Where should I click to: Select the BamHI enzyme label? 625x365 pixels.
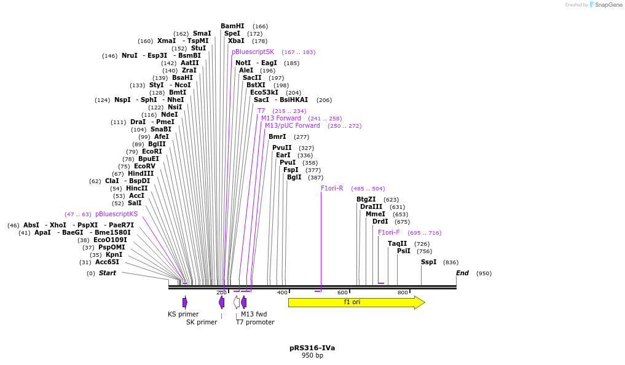pos(232,26)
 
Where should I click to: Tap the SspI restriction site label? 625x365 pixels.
pos(428,262)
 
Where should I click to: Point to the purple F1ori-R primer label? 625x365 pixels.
pos(332,188)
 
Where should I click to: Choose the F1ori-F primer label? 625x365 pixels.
pos(388,232)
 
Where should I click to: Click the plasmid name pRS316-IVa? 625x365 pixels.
pos(312,348)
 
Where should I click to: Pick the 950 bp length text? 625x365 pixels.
pos(312,356)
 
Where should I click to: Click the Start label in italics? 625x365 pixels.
pos(108,273)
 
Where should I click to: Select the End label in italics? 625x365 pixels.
pos(462,273)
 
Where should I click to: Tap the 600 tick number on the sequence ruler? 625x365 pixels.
pos(342,292)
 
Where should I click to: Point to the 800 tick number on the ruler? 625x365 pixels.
pos(403,292)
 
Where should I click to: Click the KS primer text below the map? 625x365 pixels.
pos(183,314)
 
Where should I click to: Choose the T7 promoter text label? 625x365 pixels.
pos(255,322)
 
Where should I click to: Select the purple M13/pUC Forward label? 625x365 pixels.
pos(293,125)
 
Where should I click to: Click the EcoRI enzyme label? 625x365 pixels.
pos(152,151)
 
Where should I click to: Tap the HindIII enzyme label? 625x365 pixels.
pos(141,173)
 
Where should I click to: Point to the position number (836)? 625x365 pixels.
pos(450,262)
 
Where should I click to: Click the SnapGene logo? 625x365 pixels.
pos(605,5)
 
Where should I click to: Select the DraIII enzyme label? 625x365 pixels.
pos(371,206)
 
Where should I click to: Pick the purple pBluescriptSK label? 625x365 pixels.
pos(253,52)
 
